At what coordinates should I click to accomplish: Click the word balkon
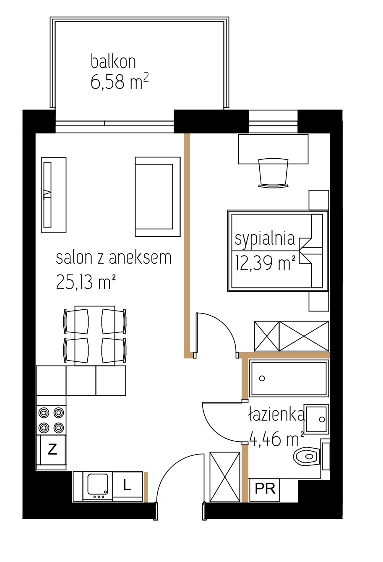[113, 62]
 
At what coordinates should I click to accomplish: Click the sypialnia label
[265, 240]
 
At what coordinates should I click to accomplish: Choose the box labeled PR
[265, 489]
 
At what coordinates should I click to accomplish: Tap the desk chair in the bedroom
[273, 173]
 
